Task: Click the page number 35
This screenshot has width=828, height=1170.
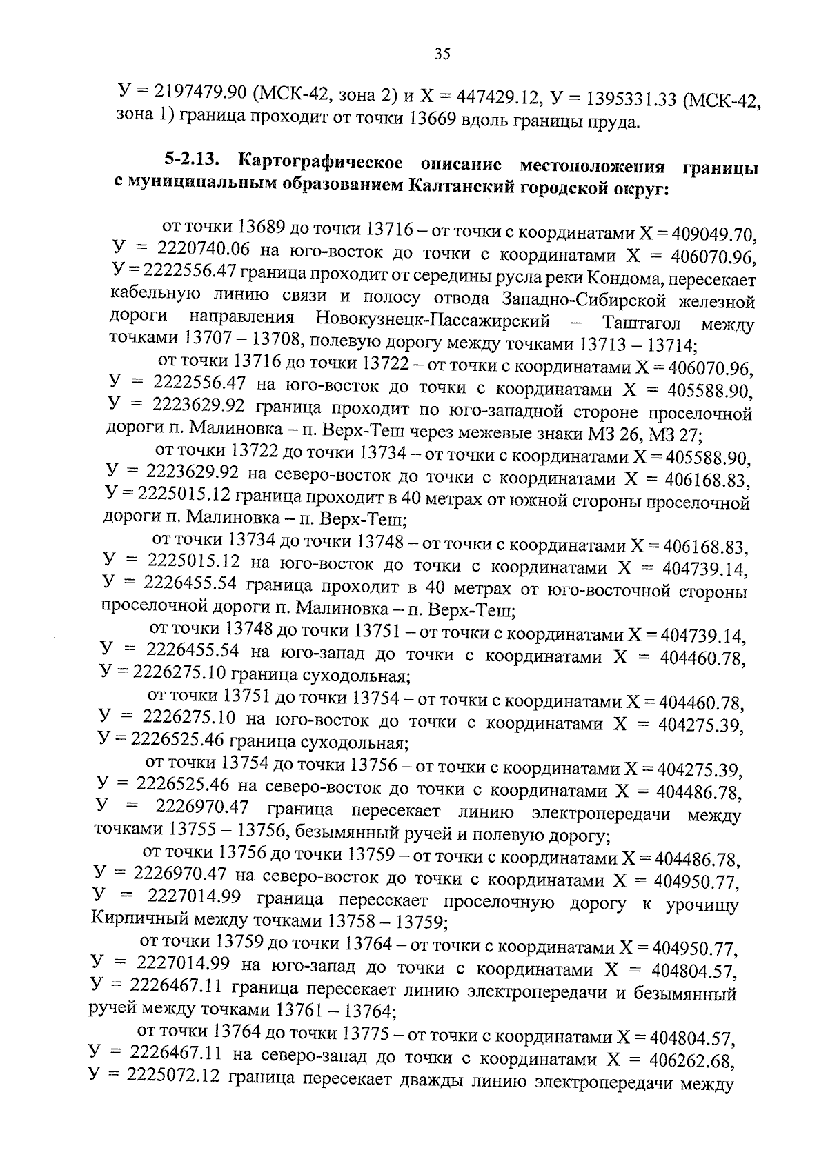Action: click(x=442, y=54)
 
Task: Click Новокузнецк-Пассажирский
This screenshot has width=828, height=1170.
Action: click(x=433, y=320)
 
